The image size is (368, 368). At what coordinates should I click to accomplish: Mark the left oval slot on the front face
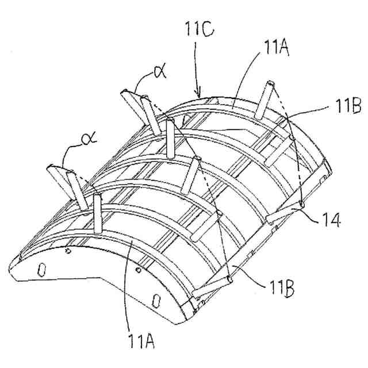pos(41,269)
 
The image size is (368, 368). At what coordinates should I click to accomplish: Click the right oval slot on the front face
pos(155,301)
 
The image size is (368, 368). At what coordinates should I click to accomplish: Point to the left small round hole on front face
pos(68,251)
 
